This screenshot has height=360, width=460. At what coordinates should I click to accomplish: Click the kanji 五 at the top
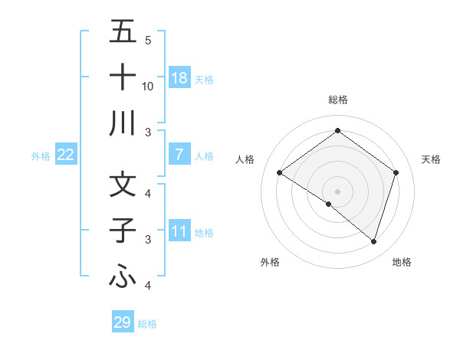coord(123,32)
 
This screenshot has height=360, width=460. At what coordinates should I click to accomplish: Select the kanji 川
coord(123,123)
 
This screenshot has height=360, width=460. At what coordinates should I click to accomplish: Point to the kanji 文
coord(123,185)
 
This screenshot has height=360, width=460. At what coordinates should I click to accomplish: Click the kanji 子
coord(123,231)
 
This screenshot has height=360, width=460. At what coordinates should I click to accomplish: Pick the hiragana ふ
coord(123,277)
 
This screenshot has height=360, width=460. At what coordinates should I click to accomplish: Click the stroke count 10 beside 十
coord(148,87)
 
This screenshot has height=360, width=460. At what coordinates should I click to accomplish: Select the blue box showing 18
coord(179,78)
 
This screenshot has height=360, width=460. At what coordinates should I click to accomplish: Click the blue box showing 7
coord(179,155)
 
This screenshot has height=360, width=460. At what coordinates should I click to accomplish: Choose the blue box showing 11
coord(179,231)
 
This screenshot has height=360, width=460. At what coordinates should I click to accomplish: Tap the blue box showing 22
coord(66,155)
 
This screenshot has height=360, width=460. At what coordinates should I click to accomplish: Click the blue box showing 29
coord(123,322)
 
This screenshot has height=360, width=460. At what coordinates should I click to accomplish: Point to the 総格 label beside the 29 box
coord(148,324)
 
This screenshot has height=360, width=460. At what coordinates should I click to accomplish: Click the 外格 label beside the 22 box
coord(41,156)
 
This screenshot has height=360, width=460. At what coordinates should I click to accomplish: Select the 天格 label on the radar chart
coord(432,159)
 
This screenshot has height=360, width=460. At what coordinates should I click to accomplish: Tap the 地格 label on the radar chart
coord(402,262)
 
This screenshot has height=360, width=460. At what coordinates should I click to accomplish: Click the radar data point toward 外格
coord(329,205)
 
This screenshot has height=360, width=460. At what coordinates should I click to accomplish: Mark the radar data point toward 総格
coord(337,131)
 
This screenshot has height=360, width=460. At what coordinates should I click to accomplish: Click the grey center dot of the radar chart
coord(337,191)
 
